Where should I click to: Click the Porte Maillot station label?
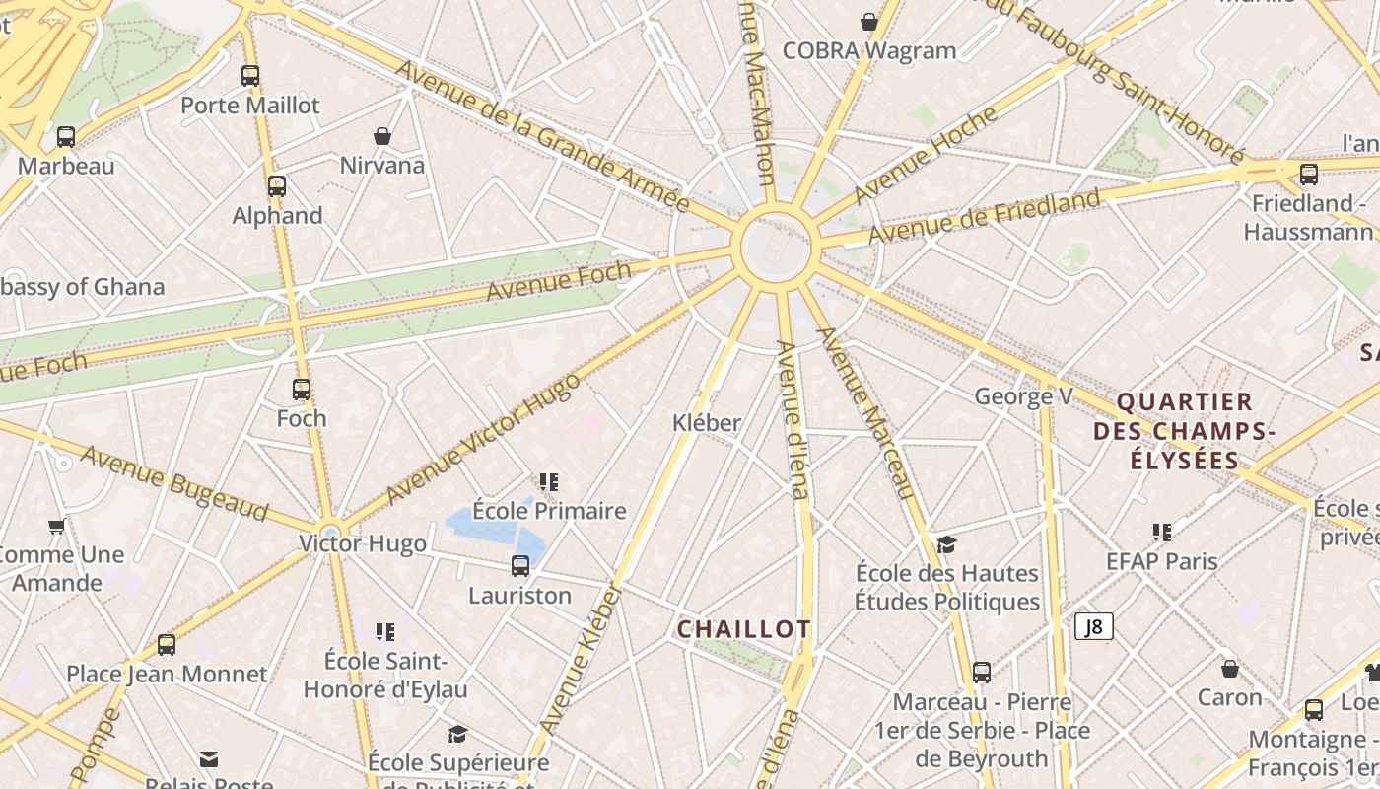[x=250, y=105]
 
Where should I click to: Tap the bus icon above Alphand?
[x=277, y=185]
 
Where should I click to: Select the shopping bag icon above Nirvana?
[x=382, y=136]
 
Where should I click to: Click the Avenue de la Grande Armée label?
[x=541, y=135]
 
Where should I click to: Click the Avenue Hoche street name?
[x=926, y=155]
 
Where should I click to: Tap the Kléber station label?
[x=706, y=423]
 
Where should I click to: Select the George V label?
[x=1023, y=396]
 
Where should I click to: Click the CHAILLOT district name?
[x=744, y=629]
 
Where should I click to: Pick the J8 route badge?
[x=1094, y=626]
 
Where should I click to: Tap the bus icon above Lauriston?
[x=520, y=566]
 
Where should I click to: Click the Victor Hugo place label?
[x=363, y=543]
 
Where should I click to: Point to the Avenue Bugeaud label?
[x=174, y=483]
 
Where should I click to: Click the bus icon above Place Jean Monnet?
[x=167, y=645]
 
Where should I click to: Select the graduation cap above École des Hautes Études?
[x=946, y=544]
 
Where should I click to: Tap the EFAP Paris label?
[x=1162, y=561]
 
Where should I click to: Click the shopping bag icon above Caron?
[x=1230, y=669]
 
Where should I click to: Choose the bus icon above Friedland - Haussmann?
[x=1309, y=175]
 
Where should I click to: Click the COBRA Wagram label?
[x=869, y=50]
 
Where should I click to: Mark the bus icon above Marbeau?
[x=66, y=137]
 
